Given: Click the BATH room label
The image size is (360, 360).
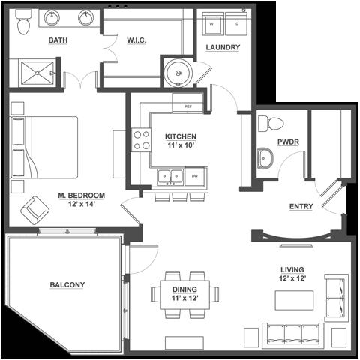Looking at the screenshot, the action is [58, 40].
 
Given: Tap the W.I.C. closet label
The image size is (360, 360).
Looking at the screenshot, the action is [136, 40].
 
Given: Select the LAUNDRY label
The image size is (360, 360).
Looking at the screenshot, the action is [223, 47].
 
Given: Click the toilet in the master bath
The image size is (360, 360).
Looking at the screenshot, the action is [23, 22].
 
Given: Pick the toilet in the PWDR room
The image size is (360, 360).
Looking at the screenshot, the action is [271, 124].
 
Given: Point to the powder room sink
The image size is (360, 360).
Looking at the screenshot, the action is [265, 158].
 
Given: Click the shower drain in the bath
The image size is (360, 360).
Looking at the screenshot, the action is [37, 73].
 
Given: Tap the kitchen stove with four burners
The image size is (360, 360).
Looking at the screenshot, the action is [141, 140].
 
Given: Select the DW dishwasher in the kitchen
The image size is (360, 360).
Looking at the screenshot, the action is [195, 176].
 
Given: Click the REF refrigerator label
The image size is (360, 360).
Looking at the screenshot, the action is [188, 106].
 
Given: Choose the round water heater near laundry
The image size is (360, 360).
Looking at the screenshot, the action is [178, 73].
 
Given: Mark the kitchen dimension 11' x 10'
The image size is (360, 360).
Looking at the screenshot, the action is [181, 145].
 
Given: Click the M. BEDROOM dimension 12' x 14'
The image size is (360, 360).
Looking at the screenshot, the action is [82, 204].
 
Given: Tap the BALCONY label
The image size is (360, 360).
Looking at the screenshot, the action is [67, 285].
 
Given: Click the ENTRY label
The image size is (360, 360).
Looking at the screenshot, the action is [301, 206].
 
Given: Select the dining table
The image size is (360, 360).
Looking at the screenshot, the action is [185, 295].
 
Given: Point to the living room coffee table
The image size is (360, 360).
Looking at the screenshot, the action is [294, 300].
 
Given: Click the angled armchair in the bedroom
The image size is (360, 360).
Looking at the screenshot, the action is [34, 210].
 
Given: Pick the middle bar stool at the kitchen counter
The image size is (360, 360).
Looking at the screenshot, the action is [180, 197].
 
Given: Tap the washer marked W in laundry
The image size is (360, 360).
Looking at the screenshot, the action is [213, 24].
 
